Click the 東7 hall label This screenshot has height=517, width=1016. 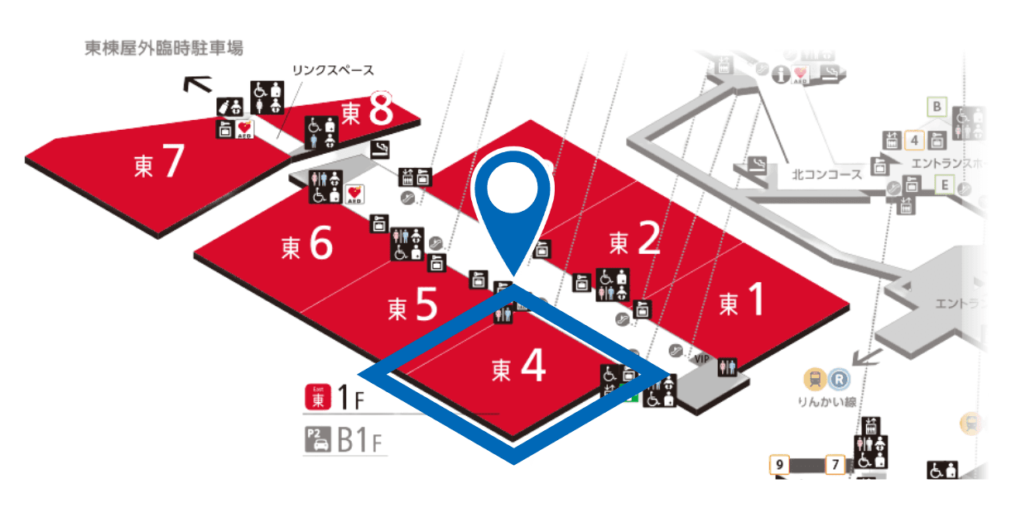pyautogui.click(x=157, y=164)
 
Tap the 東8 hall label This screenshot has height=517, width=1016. pyautogui.click(x=366, y=112)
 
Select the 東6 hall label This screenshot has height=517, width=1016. pyautogui.click(x=306, y=245)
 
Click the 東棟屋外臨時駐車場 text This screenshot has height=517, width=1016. pyautogui.click(x=164, y=48)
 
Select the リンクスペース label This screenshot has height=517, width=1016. pyautogui.click(x=333, y=70)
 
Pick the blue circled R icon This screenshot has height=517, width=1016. pyautogui.click(x=840, y=380)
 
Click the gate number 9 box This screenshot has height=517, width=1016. pyautogui.click(x=779, y=465)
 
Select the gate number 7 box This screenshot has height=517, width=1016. pyautogui.click(x=835, y=465)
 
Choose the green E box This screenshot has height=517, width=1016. pyautogui.click(x=943, y=184)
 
